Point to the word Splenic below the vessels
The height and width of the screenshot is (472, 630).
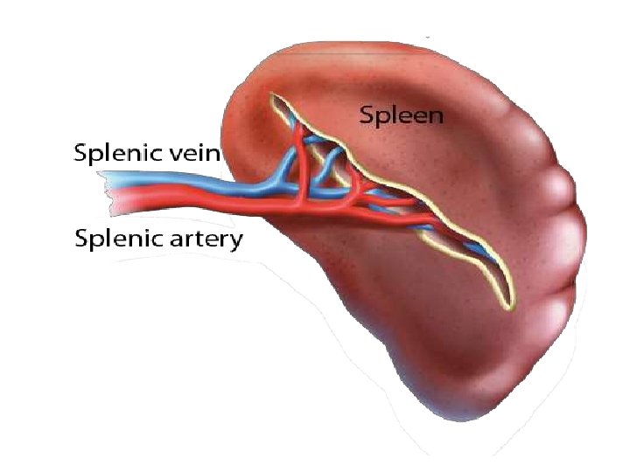tap(119, 239)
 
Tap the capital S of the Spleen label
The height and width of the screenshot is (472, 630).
tap(366, 115)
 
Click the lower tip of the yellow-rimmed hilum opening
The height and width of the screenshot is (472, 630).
tap(505, 306)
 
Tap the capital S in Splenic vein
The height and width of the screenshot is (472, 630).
tap(80, 154)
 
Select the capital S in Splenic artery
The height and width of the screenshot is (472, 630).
tap(82, 239)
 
